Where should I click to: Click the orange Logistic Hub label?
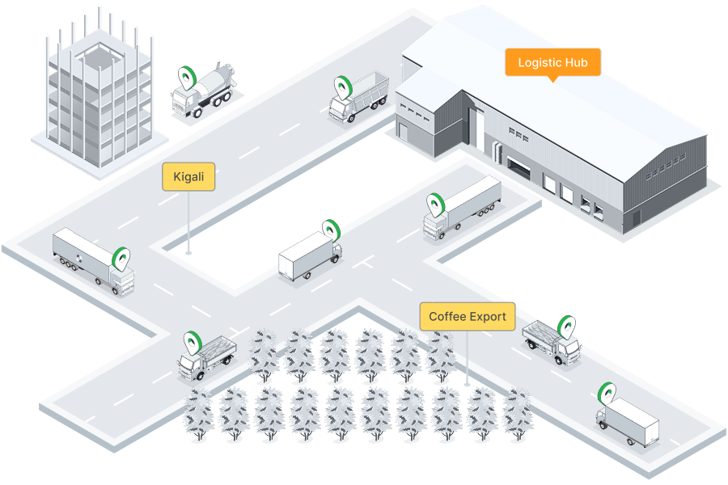click(552, 62)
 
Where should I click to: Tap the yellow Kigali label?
click(188, 177)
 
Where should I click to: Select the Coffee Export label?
click(467, 316)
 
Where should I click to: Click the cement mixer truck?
click(203, 93)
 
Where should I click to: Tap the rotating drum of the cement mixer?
click(215, 82)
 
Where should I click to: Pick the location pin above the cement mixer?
click(188, 77)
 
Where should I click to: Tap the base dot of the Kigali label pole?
click(188, 253)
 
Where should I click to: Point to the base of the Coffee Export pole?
click(467, 383)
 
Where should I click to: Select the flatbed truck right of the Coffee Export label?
click(552, 339)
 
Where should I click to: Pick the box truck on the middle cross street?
click(310, 256)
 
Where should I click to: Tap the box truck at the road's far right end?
click(629, 420)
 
